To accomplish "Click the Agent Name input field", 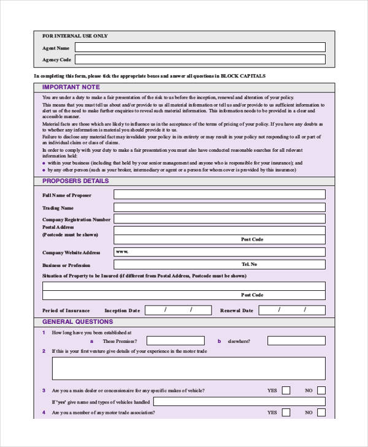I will [x=200, y=47].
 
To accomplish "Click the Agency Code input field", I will [x=200, y=59].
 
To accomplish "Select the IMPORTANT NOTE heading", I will [x=71, y=88].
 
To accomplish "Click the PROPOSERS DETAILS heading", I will [x=75, y=181].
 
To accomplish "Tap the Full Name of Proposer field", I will [x=220, y=195].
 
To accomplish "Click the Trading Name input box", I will [x=220, y=208].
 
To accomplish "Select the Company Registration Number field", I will [x=220, y=219].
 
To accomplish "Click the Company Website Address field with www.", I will [x=220, y=252].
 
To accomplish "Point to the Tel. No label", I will [x=250, y=264].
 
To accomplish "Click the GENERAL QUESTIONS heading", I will [x=77, y=321].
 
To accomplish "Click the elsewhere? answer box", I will [x=288, y=341].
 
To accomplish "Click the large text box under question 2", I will [x=189, y=369].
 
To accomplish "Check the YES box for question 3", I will [x=287, y=390].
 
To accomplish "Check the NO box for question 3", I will [x=321, y=390].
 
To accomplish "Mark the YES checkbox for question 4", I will [x=287, y=413].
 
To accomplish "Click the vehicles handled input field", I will [x=239, y=402].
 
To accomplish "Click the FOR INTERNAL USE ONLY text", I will [x=75, y=36].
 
